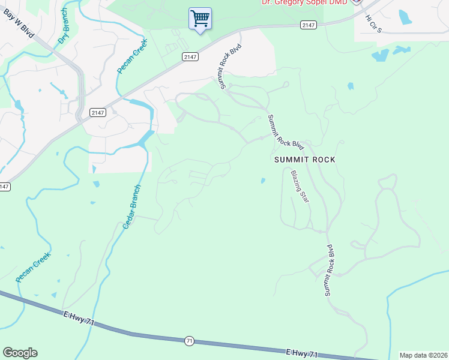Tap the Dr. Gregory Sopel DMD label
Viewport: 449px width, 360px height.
point(304,2)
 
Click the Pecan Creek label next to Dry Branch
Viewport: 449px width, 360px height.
point(132,56)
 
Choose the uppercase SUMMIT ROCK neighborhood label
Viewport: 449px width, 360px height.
point(304,160)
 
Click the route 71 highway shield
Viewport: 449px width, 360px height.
point(190,340)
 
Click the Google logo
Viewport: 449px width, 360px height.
point(20,353)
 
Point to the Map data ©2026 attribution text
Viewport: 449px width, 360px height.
point(423,355)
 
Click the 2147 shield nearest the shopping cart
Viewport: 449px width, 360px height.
point(189,56)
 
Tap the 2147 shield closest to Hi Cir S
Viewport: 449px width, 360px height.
point(308,25)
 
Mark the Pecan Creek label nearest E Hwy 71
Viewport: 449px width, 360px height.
point(34,268)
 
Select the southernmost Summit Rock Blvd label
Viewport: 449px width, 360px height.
point(329,269)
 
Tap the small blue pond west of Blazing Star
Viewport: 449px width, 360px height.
point(263,180)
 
